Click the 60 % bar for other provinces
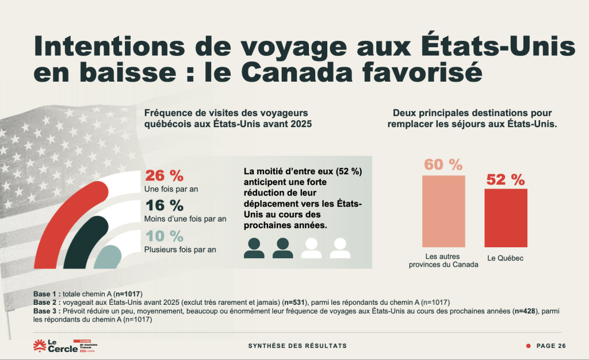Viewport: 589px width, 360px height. (x=443, y=210)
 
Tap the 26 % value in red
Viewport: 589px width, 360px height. (x=164, y=176)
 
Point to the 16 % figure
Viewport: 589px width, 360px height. (x=164, y=206)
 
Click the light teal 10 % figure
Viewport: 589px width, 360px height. (x=164, y=236)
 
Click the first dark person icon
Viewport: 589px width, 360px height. (x=254, y=248)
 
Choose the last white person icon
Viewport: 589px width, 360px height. (x=340, y=248)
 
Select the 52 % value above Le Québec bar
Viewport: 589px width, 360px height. (x=506, y=180)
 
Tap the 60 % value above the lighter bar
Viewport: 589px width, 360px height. (x=443, y=164)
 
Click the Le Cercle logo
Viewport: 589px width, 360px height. (x=55, y=346)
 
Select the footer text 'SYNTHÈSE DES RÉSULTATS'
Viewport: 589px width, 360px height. (x=297, y=346)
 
